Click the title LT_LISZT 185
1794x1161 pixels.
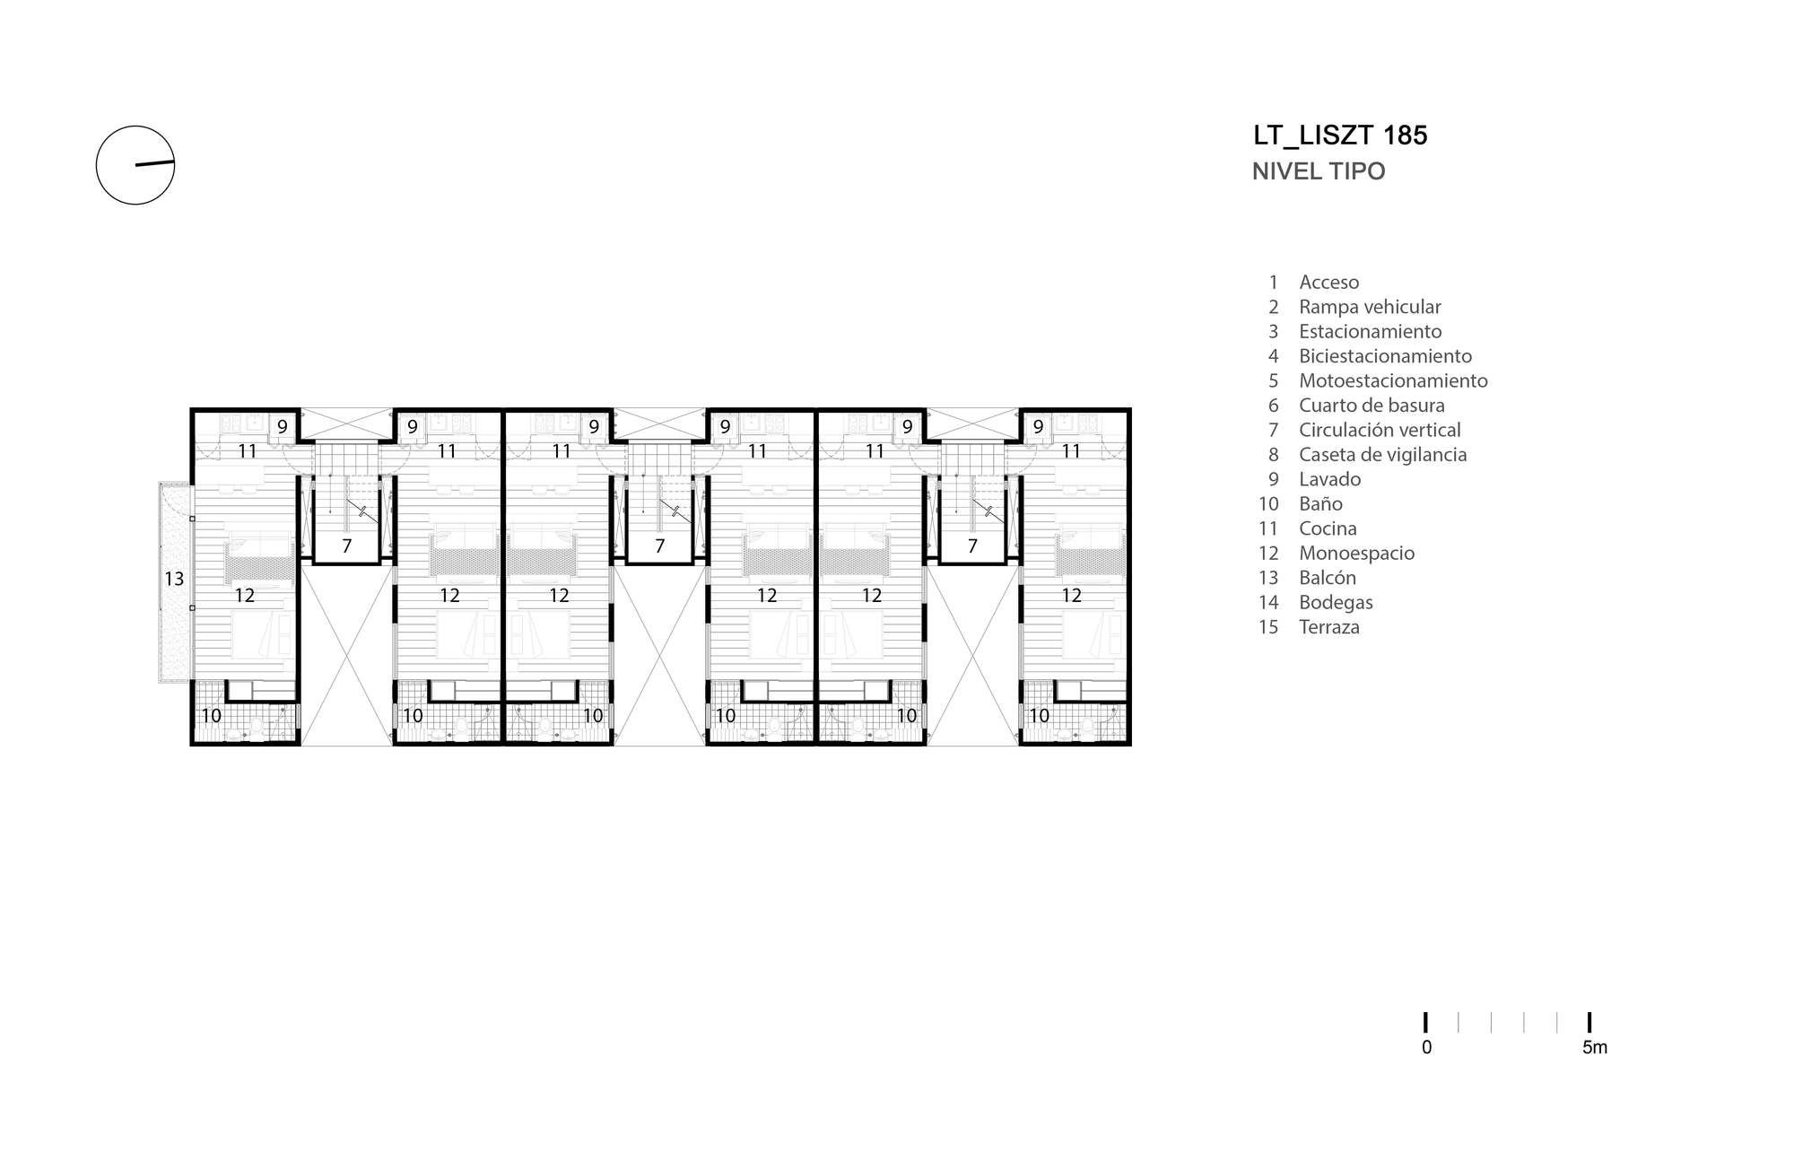click(1340, 135)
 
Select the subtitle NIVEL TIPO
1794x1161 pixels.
click(1318, 171)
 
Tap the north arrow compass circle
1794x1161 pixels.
click(135, 165)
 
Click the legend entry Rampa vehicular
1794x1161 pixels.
click(1369, 307)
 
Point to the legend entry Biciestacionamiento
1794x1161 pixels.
click(1385, 356)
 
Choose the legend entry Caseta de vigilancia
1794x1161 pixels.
click(1382, 455)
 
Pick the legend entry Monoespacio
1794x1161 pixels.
click(1356, 554)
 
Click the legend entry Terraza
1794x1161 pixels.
click(1328, 627)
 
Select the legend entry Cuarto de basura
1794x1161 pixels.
click(1372, 406)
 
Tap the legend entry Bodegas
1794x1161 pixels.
click(1336, 603)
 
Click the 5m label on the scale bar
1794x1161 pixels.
click(1594, 1047)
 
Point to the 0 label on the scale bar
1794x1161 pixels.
click(1426, 1047)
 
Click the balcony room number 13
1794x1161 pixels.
click(174, 580)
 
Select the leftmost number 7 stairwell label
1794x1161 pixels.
click(346, 546)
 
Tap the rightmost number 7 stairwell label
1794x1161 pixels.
click(972, 546)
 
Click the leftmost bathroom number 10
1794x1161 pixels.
click(212, 716)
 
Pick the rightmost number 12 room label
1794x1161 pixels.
click(1071, 595)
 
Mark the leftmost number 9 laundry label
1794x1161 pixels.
click(282, 427)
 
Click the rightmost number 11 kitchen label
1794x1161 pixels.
click(1071, 451)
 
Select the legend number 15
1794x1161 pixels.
click(1268, 627)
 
